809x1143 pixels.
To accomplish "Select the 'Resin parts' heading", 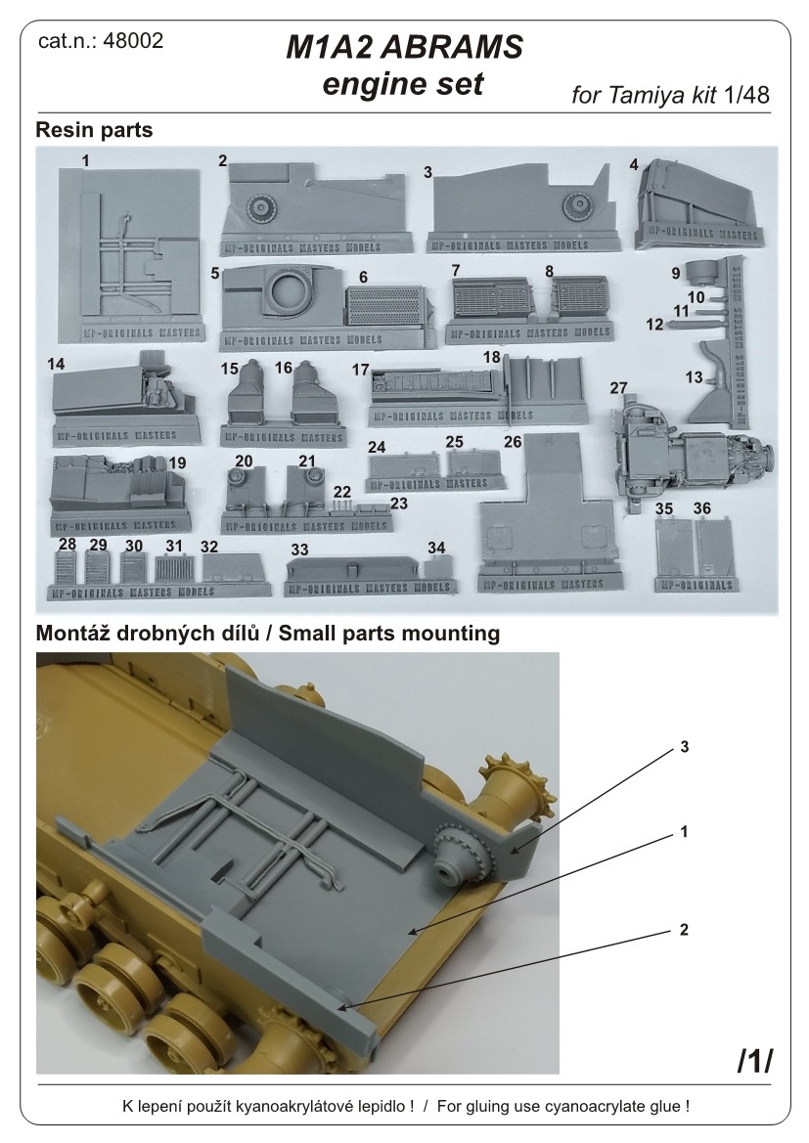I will [x=94, y=130].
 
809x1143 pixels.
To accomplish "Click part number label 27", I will [x=618, y=388].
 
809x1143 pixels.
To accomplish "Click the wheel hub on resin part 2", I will [x=262, y=207].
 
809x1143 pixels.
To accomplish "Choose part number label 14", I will [x=56, y=362].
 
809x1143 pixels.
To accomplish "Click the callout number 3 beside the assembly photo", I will [x=685, y=748].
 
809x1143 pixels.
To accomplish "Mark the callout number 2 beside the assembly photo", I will [x=685, y=930].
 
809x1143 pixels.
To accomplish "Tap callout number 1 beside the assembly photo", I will [x=685, y=833].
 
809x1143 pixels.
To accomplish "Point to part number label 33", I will [x=299, y=550].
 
